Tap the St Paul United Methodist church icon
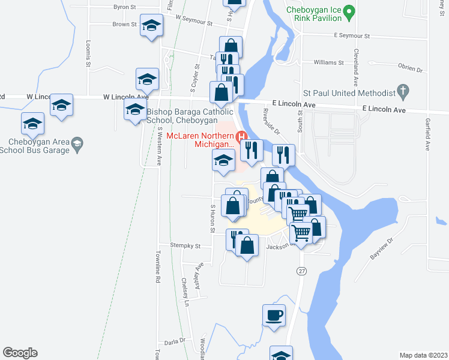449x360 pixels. point(404,92)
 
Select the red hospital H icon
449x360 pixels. point(243,136)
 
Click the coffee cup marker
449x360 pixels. point(274,315)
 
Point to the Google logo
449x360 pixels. point(20,352)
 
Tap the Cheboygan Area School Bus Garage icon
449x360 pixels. point(77,143)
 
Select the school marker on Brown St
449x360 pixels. point(152,26)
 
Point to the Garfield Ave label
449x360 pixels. point(427,137)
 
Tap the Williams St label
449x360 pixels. point(329,62)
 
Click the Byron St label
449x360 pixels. point(125,8)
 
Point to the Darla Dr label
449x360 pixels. point(175,341)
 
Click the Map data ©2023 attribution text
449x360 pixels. point(423,355)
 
